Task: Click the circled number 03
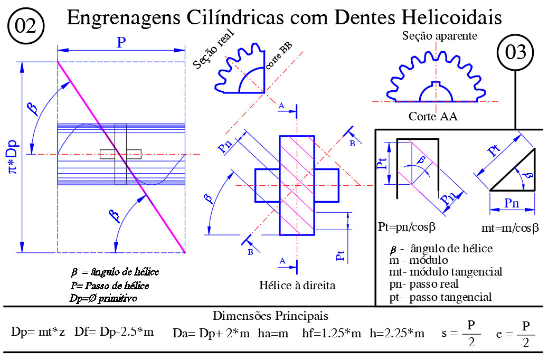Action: coord(515,53)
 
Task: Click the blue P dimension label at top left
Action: coord(121,42)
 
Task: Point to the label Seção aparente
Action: coord(439,36)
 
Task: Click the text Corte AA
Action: coord(433,117)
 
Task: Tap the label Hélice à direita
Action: coord(298,286)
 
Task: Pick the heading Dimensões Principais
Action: coord(271,316)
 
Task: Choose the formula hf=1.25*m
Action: coord(332,333)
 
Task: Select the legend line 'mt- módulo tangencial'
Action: coord(445,272)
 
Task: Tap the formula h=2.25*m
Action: coord(397,333)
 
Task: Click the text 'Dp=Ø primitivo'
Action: coord(103,298)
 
